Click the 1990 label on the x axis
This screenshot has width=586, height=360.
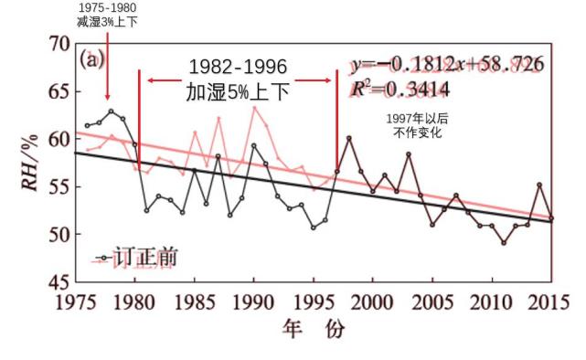coord(252,302)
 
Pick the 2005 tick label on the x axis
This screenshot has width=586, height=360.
coord(431,302)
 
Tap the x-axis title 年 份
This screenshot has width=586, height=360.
coord(312,330)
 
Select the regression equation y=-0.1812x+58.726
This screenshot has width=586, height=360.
coord(447,64)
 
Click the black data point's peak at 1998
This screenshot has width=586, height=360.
coord(348,138)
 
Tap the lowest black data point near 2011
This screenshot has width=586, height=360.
coord(503,242)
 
